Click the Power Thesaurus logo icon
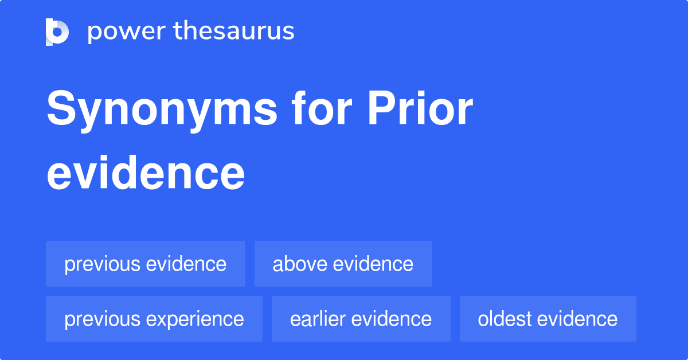(57, 32)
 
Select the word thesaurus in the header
(234, 32)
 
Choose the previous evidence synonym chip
(146, 264)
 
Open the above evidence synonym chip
(343, 264)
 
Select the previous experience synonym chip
(154, 319)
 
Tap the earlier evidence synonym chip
(361, 319)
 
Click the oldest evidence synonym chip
(548, 319)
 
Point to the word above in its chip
(300, 264)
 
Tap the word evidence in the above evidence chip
(373, 264)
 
